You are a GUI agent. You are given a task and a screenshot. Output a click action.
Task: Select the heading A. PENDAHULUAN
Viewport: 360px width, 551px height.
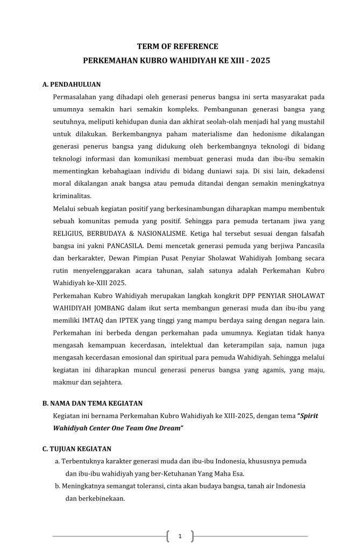71,84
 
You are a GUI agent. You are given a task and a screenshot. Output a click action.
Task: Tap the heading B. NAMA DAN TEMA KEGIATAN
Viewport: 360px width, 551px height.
92,403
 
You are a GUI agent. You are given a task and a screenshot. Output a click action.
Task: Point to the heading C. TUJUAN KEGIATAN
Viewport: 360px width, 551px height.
76,448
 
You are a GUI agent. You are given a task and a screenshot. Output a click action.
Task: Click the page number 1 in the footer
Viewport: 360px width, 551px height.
180,536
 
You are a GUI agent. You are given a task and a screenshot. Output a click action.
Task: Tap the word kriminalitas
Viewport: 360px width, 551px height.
73,196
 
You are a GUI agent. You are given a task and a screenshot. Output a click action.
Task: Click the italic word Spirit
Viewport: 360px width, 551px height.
312,416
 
